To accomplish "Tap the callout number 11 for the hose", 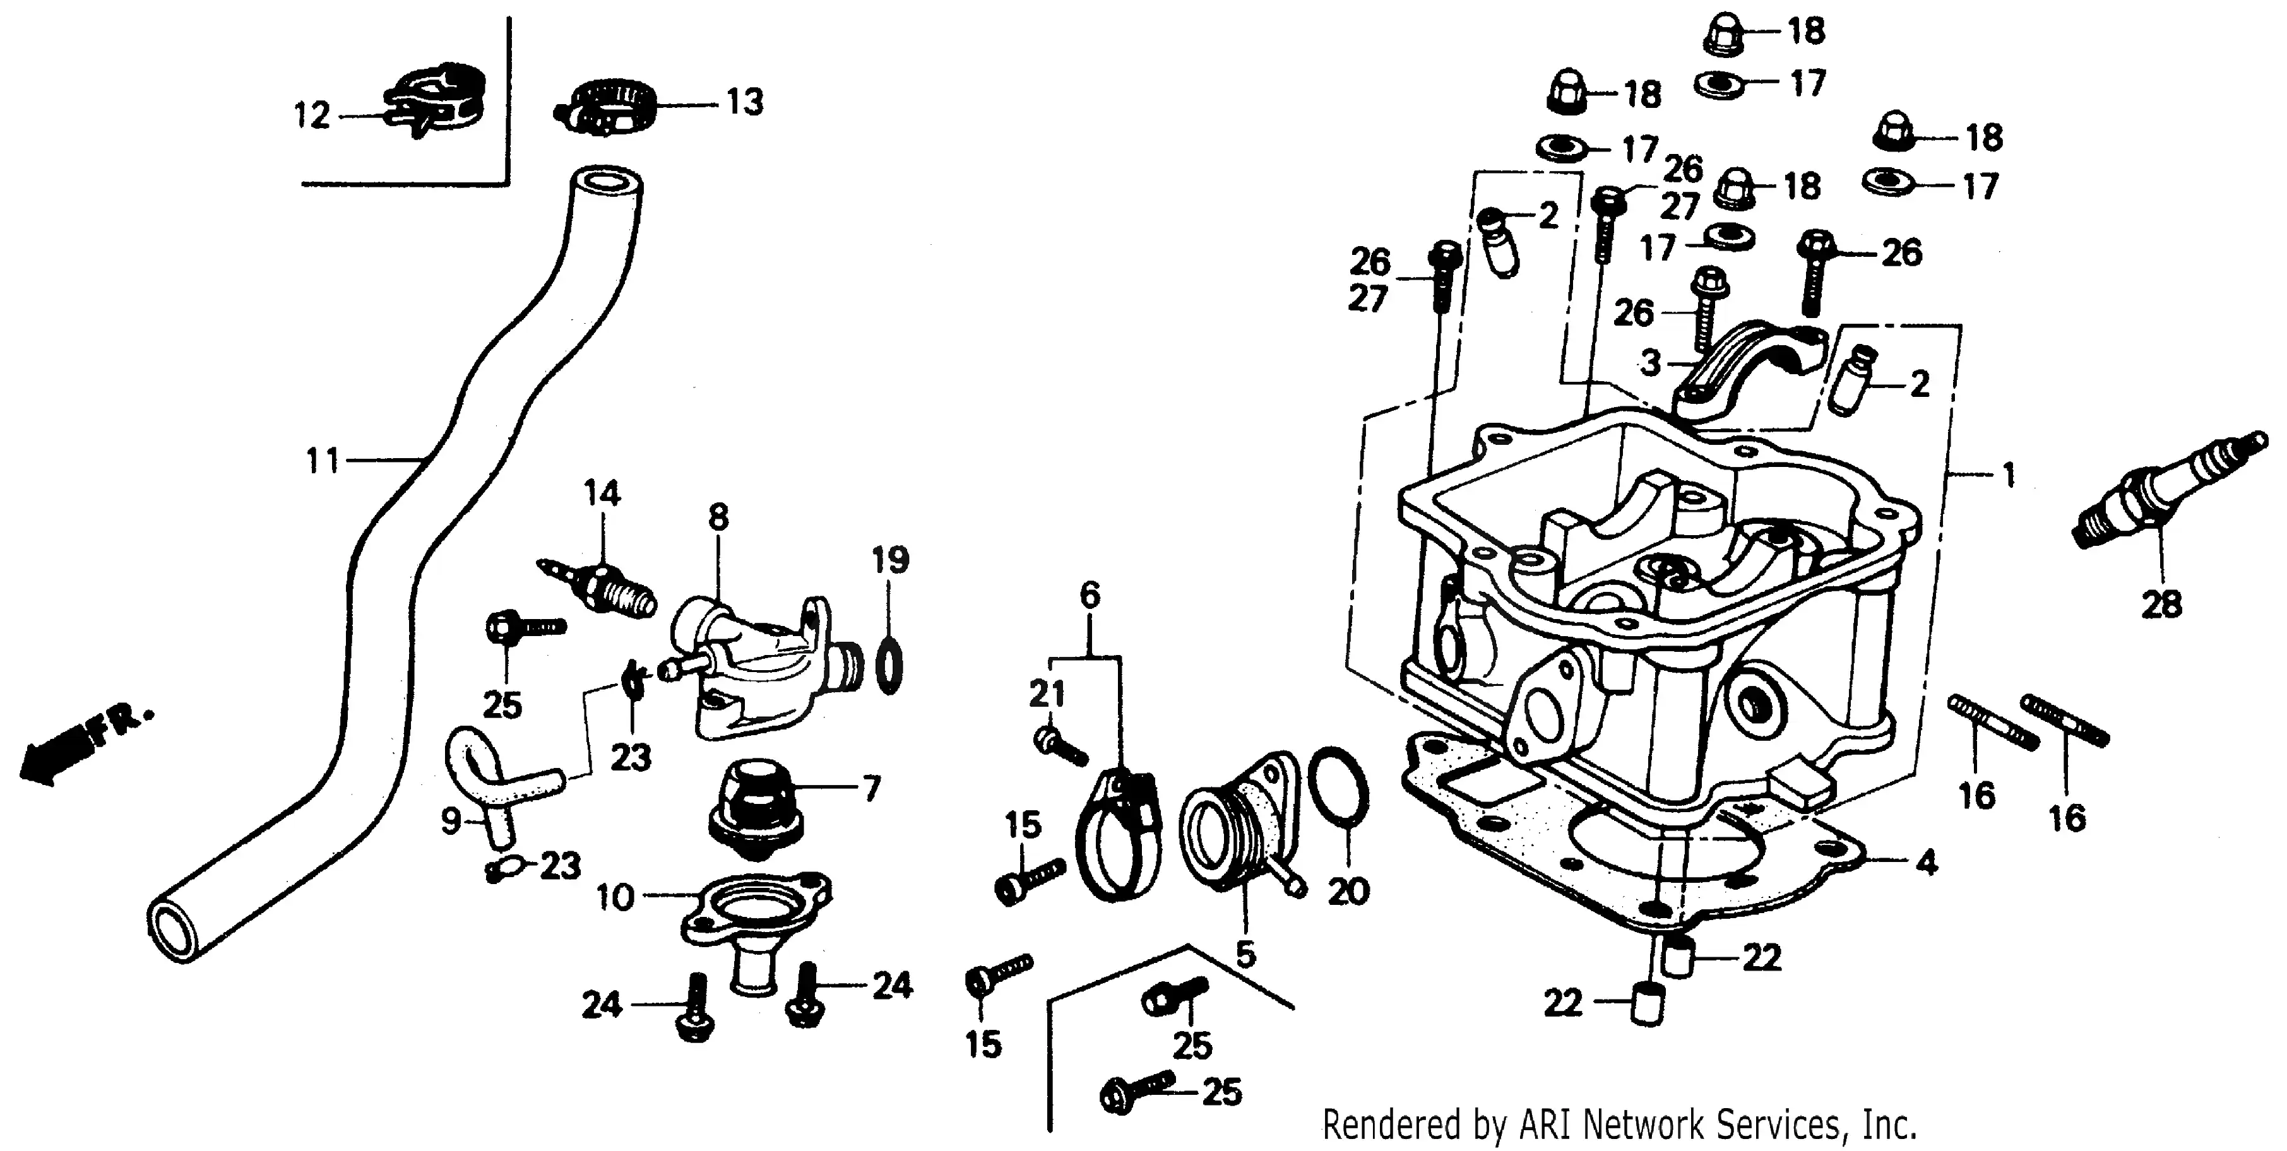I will click(x=323, y=461).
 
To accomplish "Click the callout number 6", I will click(x=1090, y=594).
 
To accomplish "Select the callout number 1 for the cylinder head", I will click(x=2008, y=476).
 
